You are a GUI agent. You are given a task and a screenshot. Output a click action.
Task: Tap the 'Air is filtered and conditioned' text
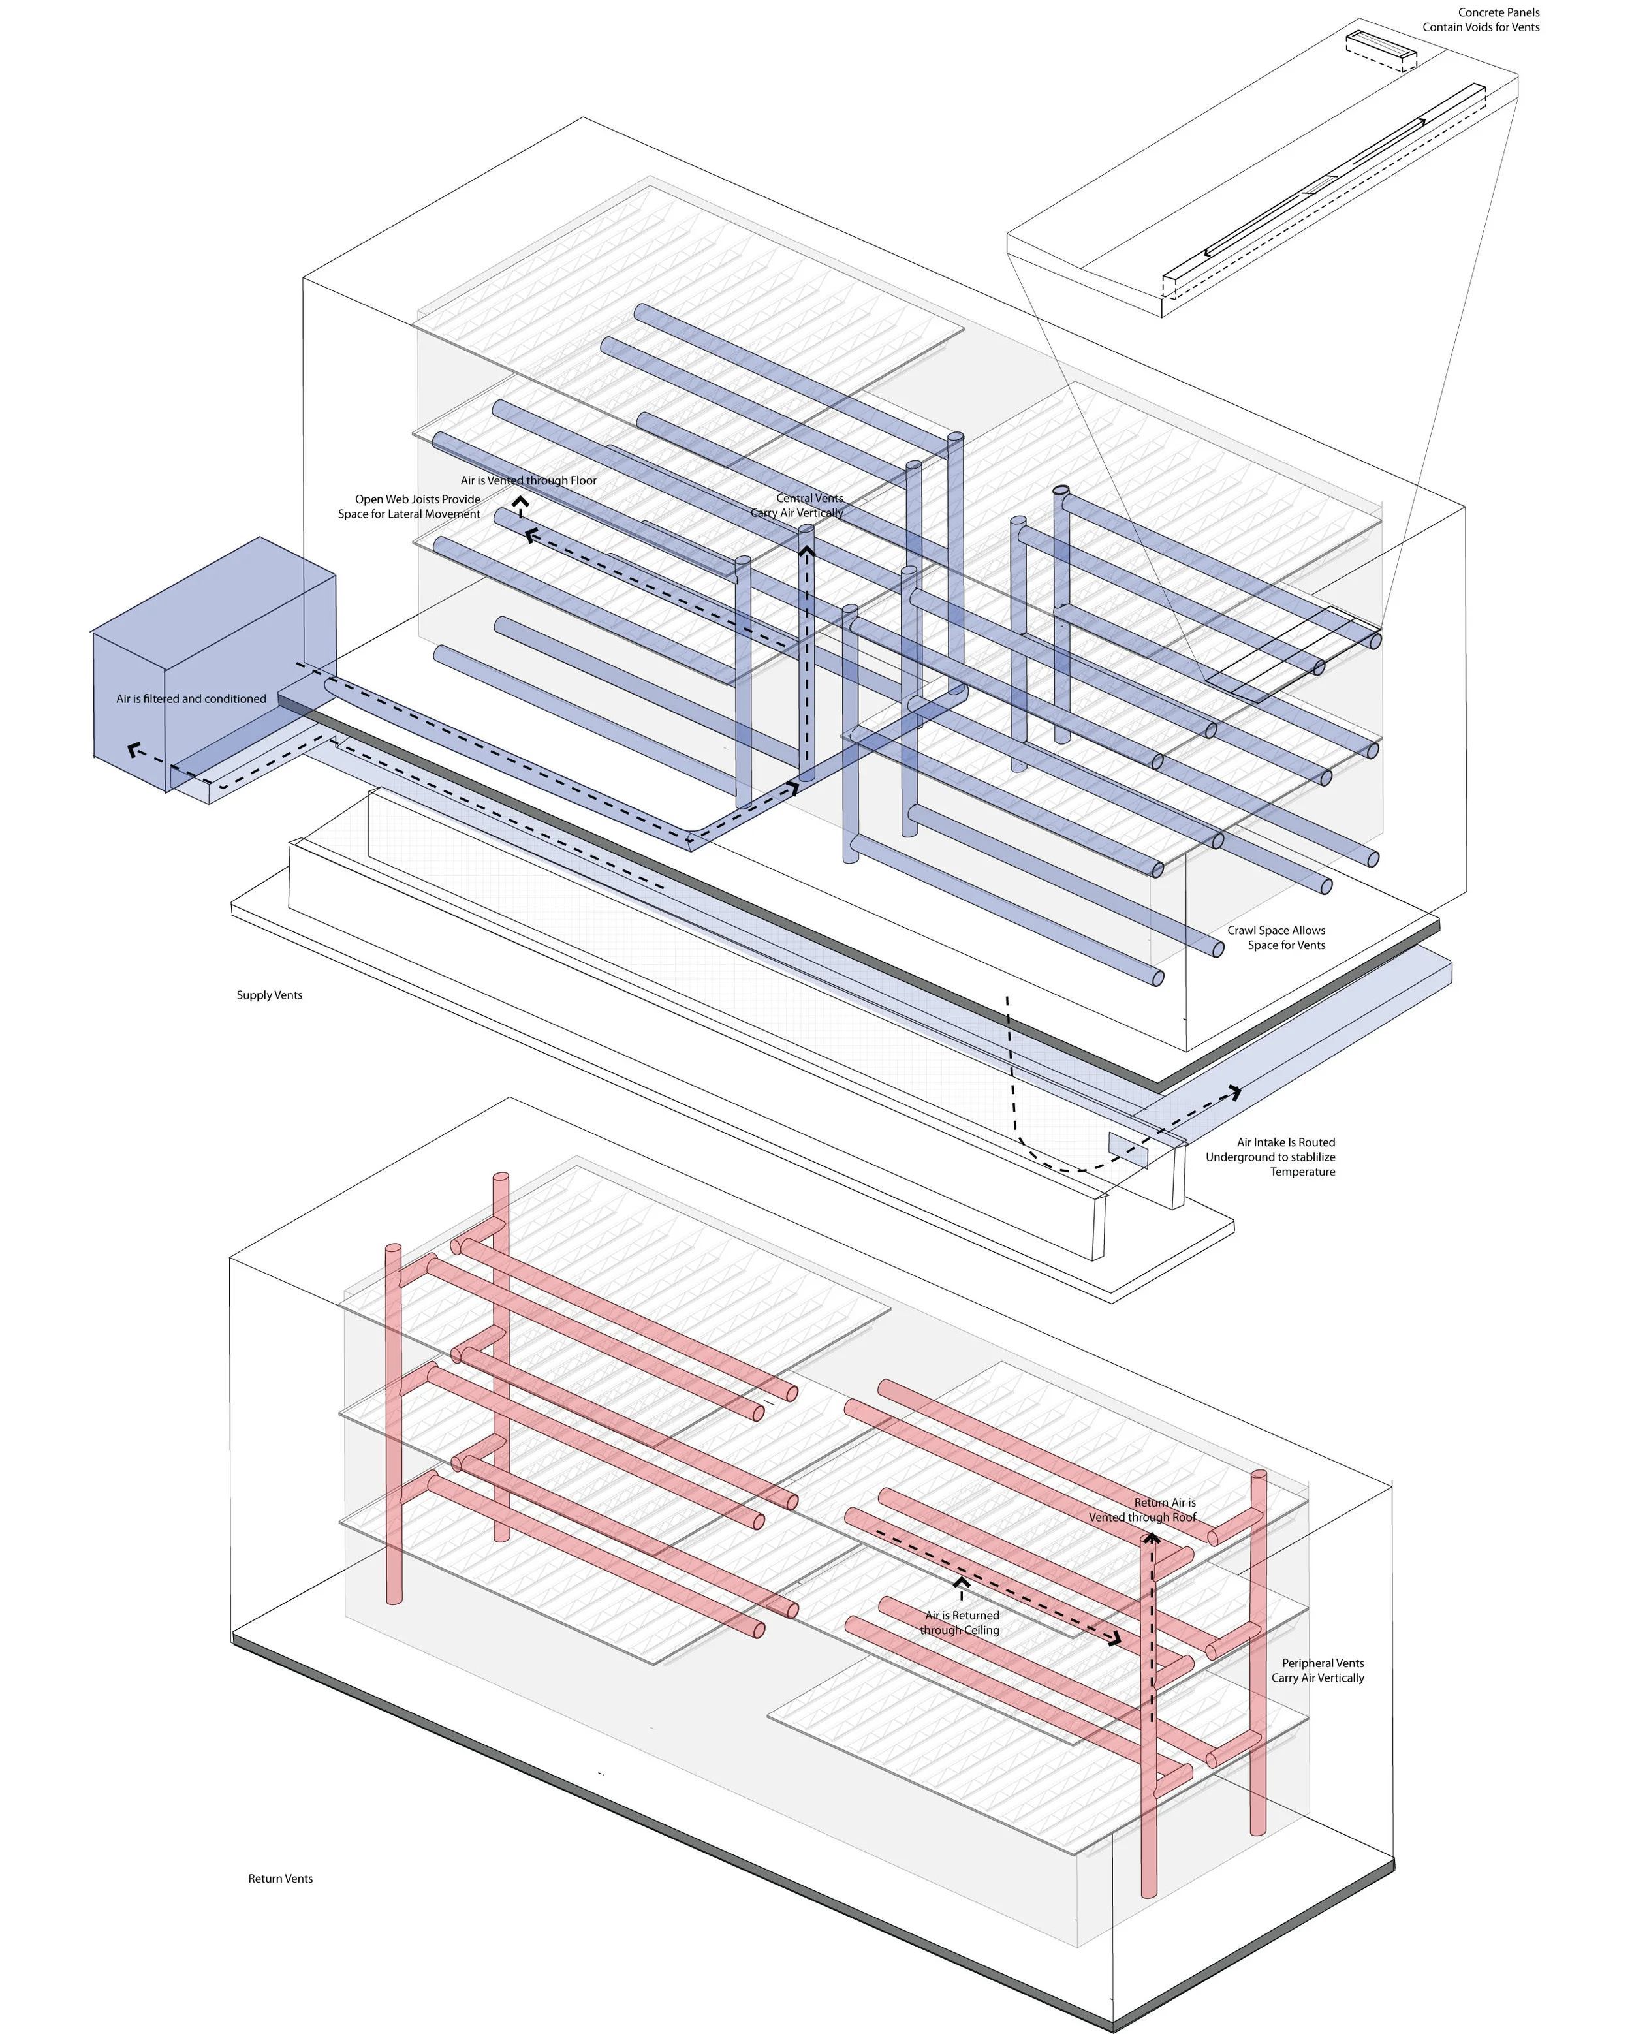coord(191,699)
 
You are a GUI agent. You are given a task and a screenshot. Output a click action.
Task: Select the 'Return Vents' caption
coord(280,1879)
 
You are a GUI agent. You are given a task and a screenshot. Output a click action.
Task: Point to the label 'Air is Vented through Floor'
coord(528,480)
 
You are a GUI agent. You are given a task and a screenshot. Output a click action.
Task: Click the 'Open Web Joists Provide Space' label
coord(409,507)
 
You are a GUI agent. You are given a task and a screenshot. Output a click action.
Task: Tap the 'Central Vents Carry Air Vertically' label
coord(798,506)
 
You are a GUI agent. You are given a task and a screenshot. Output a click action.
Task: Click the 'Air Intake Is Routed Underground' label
coord(1271,1157)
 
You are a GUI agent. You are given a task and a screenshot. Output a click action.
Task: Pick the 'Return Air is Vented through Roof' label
coord(1142,1509)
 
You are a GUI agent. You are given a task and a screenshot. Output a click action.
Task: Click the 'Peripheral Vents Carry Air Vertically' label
coord(1318,1670)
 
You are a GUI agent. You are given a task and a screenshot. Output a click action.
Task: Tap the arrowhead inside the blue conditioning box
coord(134,751)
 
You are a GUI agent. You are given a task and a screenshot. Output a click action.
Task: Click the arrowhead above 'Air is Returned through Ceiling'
coord(962,1581)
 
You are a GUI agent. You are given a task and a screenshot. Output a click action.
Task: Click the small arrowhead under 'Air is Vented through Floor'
coord(520,502)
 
